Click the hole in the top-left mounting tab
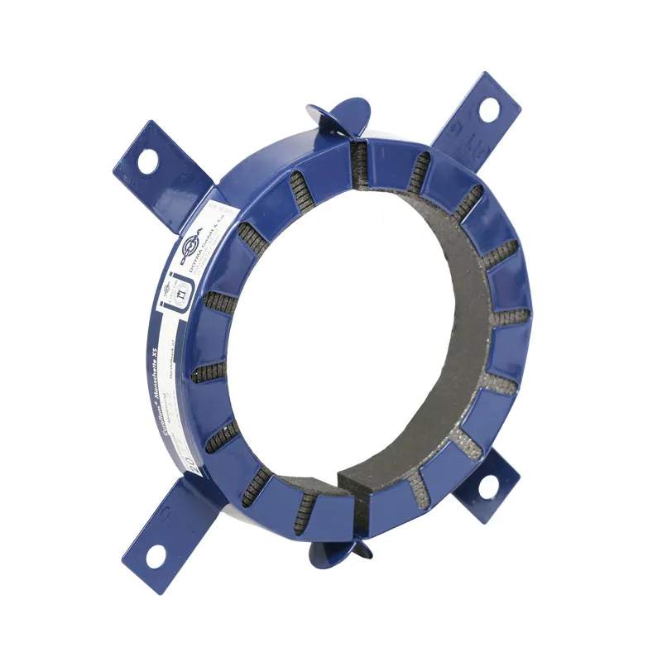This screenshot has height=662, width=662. [147, 161]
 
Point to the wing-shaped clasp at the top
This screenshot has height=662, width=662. [339, 116]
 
